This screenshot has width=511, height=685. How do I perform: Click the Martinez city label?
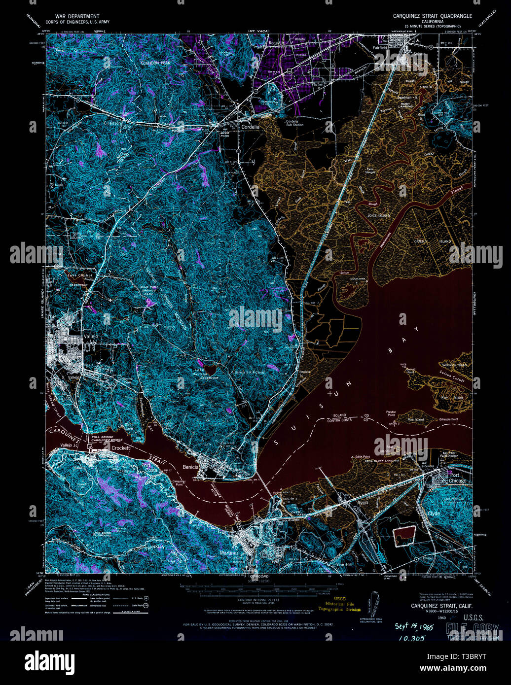(226, 553)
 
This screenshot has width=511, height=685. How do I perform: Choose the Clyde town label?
(434, 513)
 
